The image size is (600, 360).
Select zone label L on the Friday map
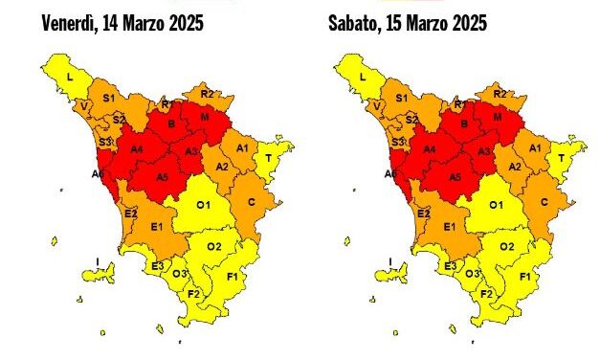point(70,73)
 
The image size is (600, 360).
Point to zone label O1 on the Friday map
point(203,205)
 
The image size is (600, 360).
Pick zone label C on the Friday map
point(252,202)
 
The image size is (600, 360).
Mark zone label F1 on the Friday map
point(232,277)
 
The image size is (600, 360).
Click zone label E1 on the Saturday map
point(448,227)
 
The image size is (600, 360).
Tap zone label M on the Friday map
point(204,117)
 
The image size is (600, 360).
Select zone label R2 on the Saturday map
point(500,93)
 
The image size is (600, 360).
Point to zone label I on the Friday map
point(98,261)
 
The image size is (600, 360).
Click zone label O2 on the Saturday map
point(507,247)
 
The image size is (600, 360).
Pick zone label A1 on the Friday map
point(243,147)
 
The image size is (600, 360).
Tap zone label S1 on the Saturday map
point(401,98)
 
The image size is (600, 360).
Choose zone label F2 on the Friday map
point(193,294)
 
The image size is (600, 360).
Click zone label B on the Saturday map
point(462,123)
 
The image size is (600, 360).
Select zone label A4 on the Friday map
point(137,149)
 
